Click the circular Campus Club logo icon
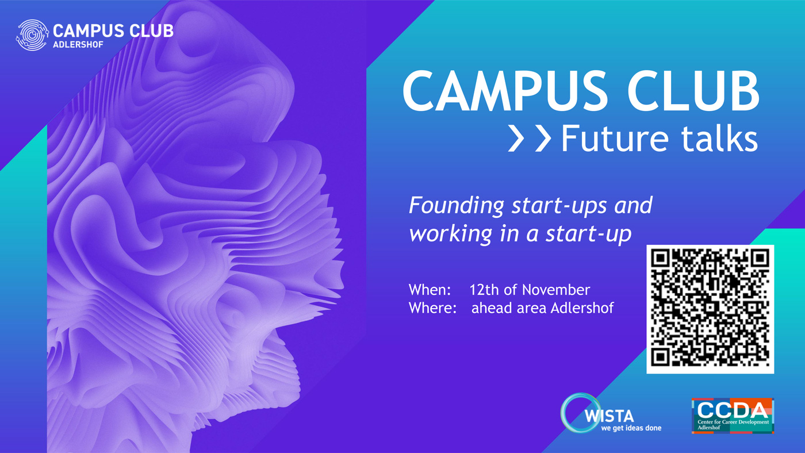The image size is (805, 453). [32, 35]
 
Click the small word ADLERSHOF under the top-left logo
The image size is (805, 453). [78, 44]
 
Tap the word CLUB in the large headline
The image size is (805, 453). [693, 91]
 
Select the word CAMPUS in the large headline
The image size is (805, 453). [505, 91]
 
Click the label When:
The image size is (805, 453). [430, 290]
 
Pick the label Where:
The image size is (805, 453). [432, 308]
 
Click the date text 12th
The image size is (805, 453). [484, 290]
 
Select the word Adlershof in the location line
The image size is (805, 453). [582, 308]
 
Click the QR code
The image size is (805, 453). [710, 309]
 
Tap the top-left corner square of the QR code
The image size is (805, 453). [660, 259]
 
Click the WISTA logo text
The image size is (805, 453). [609, 416]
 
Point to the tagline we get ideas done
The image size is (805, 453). [631, 428]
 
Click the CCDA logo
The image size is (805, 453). [733, 416]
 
